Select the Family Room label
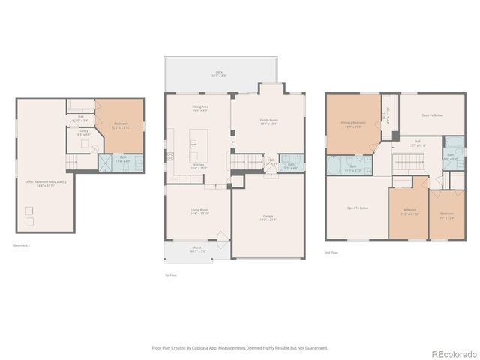pyautogui.click(x=268, y=121)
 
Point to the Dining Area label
pyautogui.click(x=199, y=108)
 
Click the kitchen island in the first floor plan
pyautogui.click(x=199, y=141)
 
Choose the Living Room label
pyautogui.click(x=199, y=212)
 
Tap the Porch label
pyautogui.click(x=197, y=249)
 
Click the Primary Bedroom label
pyautogui.click(x=352, y=123)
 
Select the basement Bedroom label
pyautogui.click(x=120, y=124)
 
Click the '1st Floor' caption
pyautogui.click(x=171, y=275)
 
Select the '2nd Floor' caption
pyautogui.click(x=331, y=253)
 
